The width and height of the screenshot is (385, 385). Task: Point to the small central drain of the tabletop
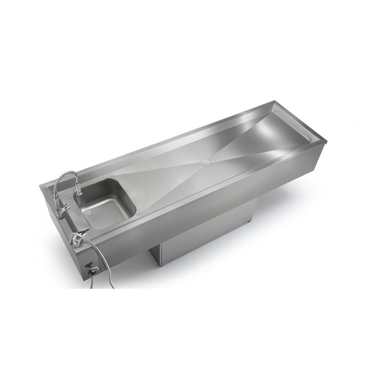click(x=207, y=159)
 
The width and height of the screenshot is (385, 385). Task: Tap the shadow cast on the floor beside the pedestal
click(x=278, y=203)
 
